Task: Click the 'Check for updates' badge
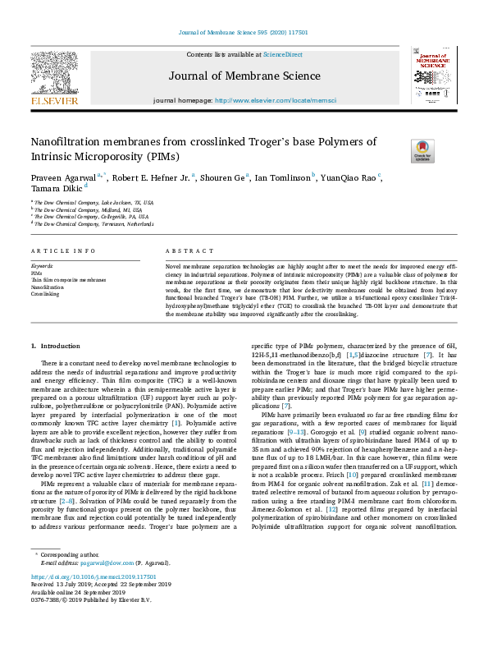pos(423,149)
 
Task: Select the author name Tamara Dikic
pos(55,189)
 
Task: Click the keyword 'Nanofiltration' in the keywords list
pos(47,287)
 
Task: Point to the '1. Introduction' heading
pos(56,347)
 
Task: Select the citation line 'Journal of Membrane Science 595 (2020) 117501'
pos(243,34)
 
